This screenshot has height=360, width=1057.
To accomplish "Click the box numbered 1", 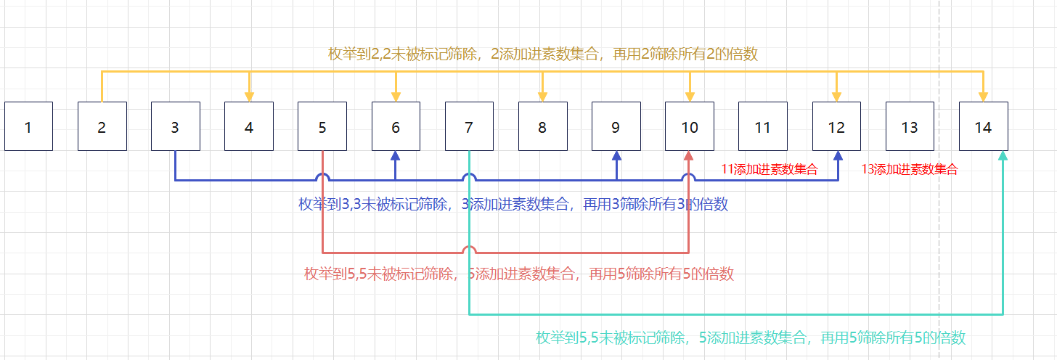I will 28,126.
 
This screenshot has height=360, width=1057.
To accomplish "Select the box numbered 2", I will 102,126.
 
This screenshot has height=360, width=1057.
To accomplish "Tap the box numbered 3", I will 176,126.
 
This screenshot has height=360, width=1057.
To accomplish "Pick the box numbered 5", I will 322,126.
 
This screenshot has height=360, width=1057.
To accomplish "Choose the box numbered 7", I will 469,126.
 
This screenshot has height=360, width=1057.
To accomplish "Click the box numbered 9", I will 616,126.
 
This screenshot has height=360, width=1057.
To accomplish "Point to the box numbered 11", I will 762,126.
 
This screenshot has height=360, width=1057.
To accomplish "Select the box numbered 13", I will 910,126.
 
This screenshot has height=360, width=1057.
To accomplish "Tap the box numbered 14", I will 983,126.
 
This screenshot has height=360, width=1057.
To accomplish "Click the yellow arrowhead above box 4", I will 249,97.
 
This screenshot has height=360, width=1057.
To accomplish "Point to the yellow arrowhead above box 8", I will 542,97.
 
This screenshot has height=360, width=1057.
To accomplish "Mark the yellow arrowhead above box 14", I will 983,97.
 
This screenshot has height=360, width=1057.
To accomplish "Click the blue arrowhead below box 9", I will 616,155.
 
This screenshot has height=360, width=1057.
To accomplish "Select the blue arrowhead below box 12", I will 837,155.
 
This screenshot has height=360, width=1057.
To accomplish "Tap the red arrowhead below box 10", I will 689,155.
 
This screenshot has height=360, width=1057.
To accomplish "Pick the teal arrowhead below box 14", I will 1003,155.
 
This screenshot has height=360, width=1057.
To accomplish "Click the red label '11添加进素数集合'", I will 769,169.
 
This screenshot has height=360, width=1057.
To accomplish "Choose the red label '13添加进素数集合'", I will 909,169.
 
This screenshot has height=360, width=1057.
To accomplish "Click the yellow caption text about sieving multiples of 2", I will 543,54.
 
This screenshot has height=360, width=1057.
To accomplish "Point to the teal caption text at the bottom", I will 751,337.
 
